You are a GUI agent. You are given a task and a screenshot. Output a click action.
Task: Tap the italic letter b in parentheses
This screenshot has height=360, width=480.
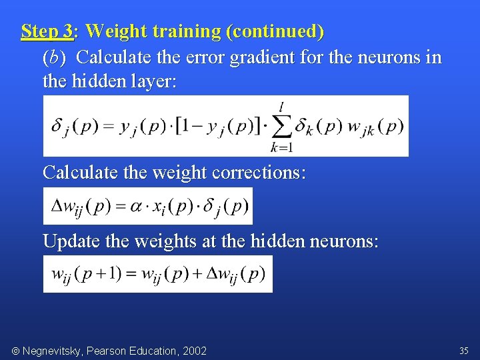tap(54, 58)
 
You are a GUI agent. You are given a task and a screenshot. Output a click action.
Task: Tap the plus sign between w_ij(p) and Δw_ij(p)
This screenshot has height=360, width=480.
tap(199, 274)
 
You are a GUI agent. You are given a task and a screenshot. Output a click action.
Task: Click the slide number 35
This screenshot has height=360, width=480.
tap(463, 350)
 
